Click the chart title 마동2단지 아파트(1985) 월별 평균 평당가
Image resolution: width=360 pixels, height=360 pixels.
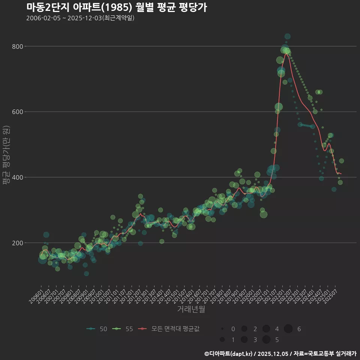click(x=117, y=7)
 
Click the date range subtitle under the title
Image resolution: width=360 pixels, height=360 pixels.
click(x=80, y=18)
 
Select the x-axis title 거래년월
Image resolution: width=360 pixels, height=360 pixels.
click(x=191, y=309)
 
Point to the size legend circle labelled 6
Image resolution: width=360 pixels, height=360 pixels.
click(x=288, y=329)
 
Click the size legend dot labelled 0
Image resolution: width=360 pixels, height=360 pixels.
click(x=222, y=329)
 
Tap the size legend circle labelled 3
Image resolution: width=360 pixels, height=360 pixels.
click(x=244, y=340)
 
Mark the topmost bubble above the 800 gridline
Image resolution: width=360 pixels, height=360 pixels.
click(x=287, y=36)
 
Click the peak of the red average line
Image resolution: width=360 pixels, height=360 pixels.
click(x=286, y=54)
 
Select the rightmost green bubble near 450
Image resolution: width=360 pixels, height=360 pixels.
click(x=341, y=161)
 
